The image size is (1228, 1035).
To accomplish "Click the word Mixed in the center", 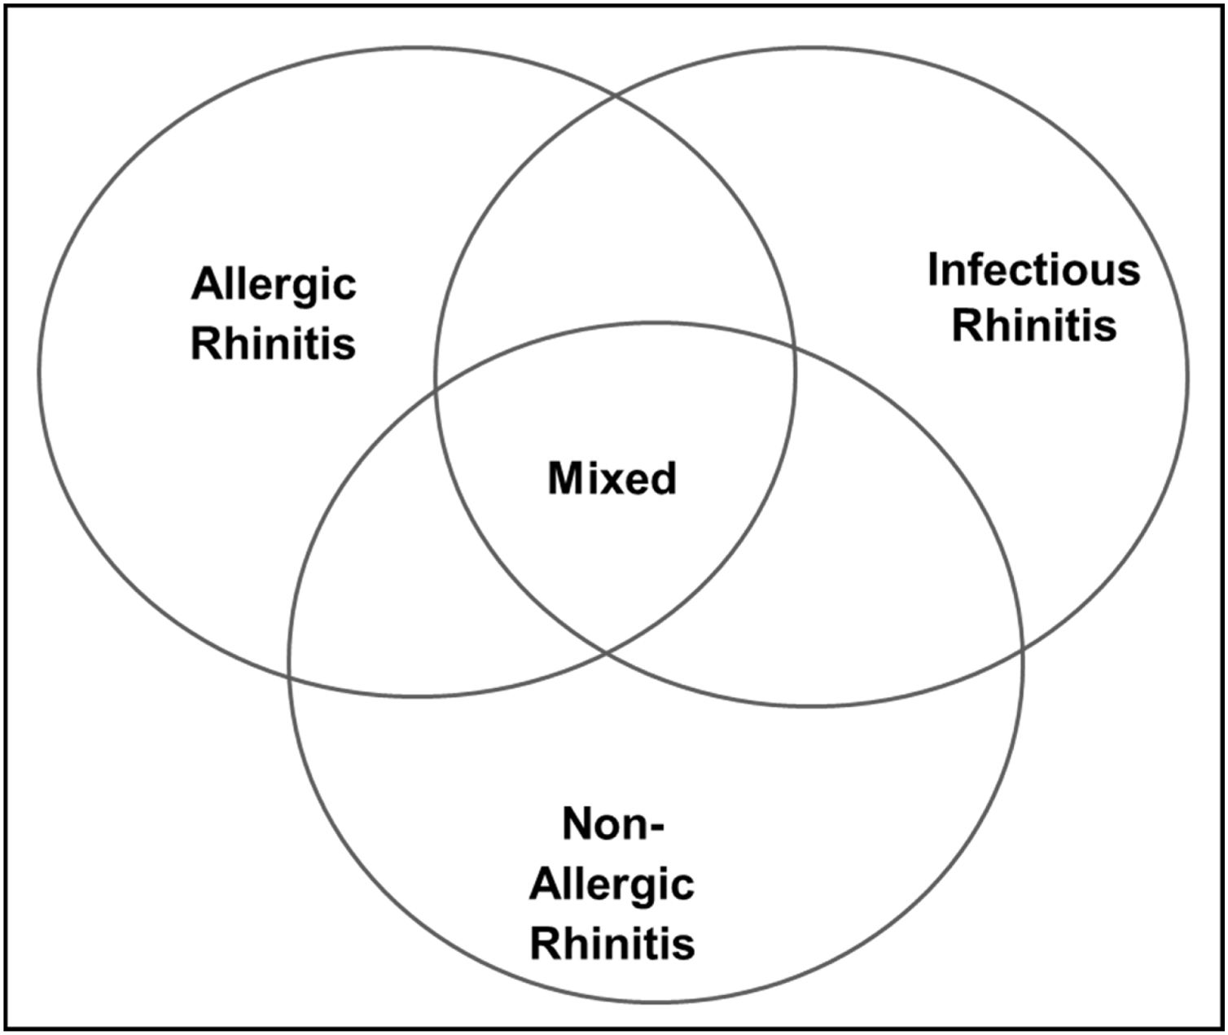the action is coord(612,479).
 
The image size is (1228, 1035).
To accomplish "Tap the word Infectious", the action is coord(1033,270).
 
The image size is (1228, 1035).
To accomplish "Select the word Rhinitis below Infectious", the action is coord(1033,326).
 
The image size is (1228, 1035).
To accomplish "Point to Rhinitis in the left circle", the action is coord(274,343).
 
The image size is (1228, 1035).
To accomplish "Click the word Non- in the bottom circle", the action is coord(613,826).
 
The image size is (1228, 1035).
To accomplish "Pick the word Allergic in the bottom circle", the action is coord(612,886).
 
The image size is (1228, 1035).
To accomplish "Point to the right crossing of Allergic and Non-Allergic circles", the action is coord(795,345).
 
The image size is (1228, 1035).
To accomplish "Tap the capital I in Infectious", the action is coord(933,270).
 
